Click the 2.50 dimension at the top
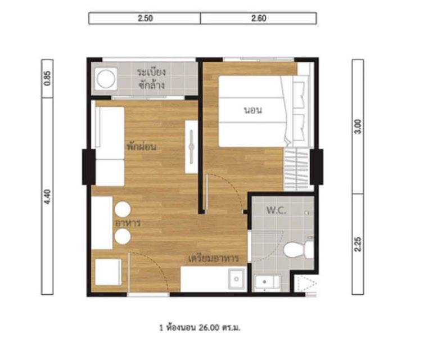pyautogui.click(x=145, y=19)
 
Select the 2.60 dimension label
pyautogui.click(x=259, y=19)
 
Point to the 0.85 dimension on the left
pyautogui.click(x=47, y=78)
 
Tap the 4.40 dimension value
pyautogui.click(x=47, y=196)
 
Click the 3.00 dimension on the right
pyautogui.click(x=358, y=127)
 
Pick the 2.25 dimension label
pyautogui.click(x=358, y=244)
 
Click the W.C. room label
pyautogui.click(x=276, y=210)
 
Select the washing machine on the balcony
pyautogui.click(x=106, y=78)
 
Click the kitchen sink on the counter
pyautogui.click(x=237, y=279)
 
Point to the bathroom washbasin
pyautogui.click(x=267, y=282)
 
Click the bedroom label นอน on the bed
pyautogui.click(x=253, y=110)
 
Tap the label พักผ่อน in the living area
pyautogui.click(x=142, y=147)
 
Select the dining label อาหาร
pyautogui.click(x=128, y=223)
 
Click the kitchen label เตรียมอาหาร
pyautogui.click(x=214, y=258)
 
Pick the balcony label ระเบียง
pyautogui.click(x=151, y=73)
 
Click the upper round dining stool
pyautogui.click(x=123, y=210)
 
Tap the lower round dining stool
pyautogui.click(x=123, y=236)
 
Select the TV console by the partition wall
pyautogui.click(x=191, y=147)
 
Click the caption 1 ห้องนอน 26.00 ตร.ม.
pyautogui.click(x=200, y=328)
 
